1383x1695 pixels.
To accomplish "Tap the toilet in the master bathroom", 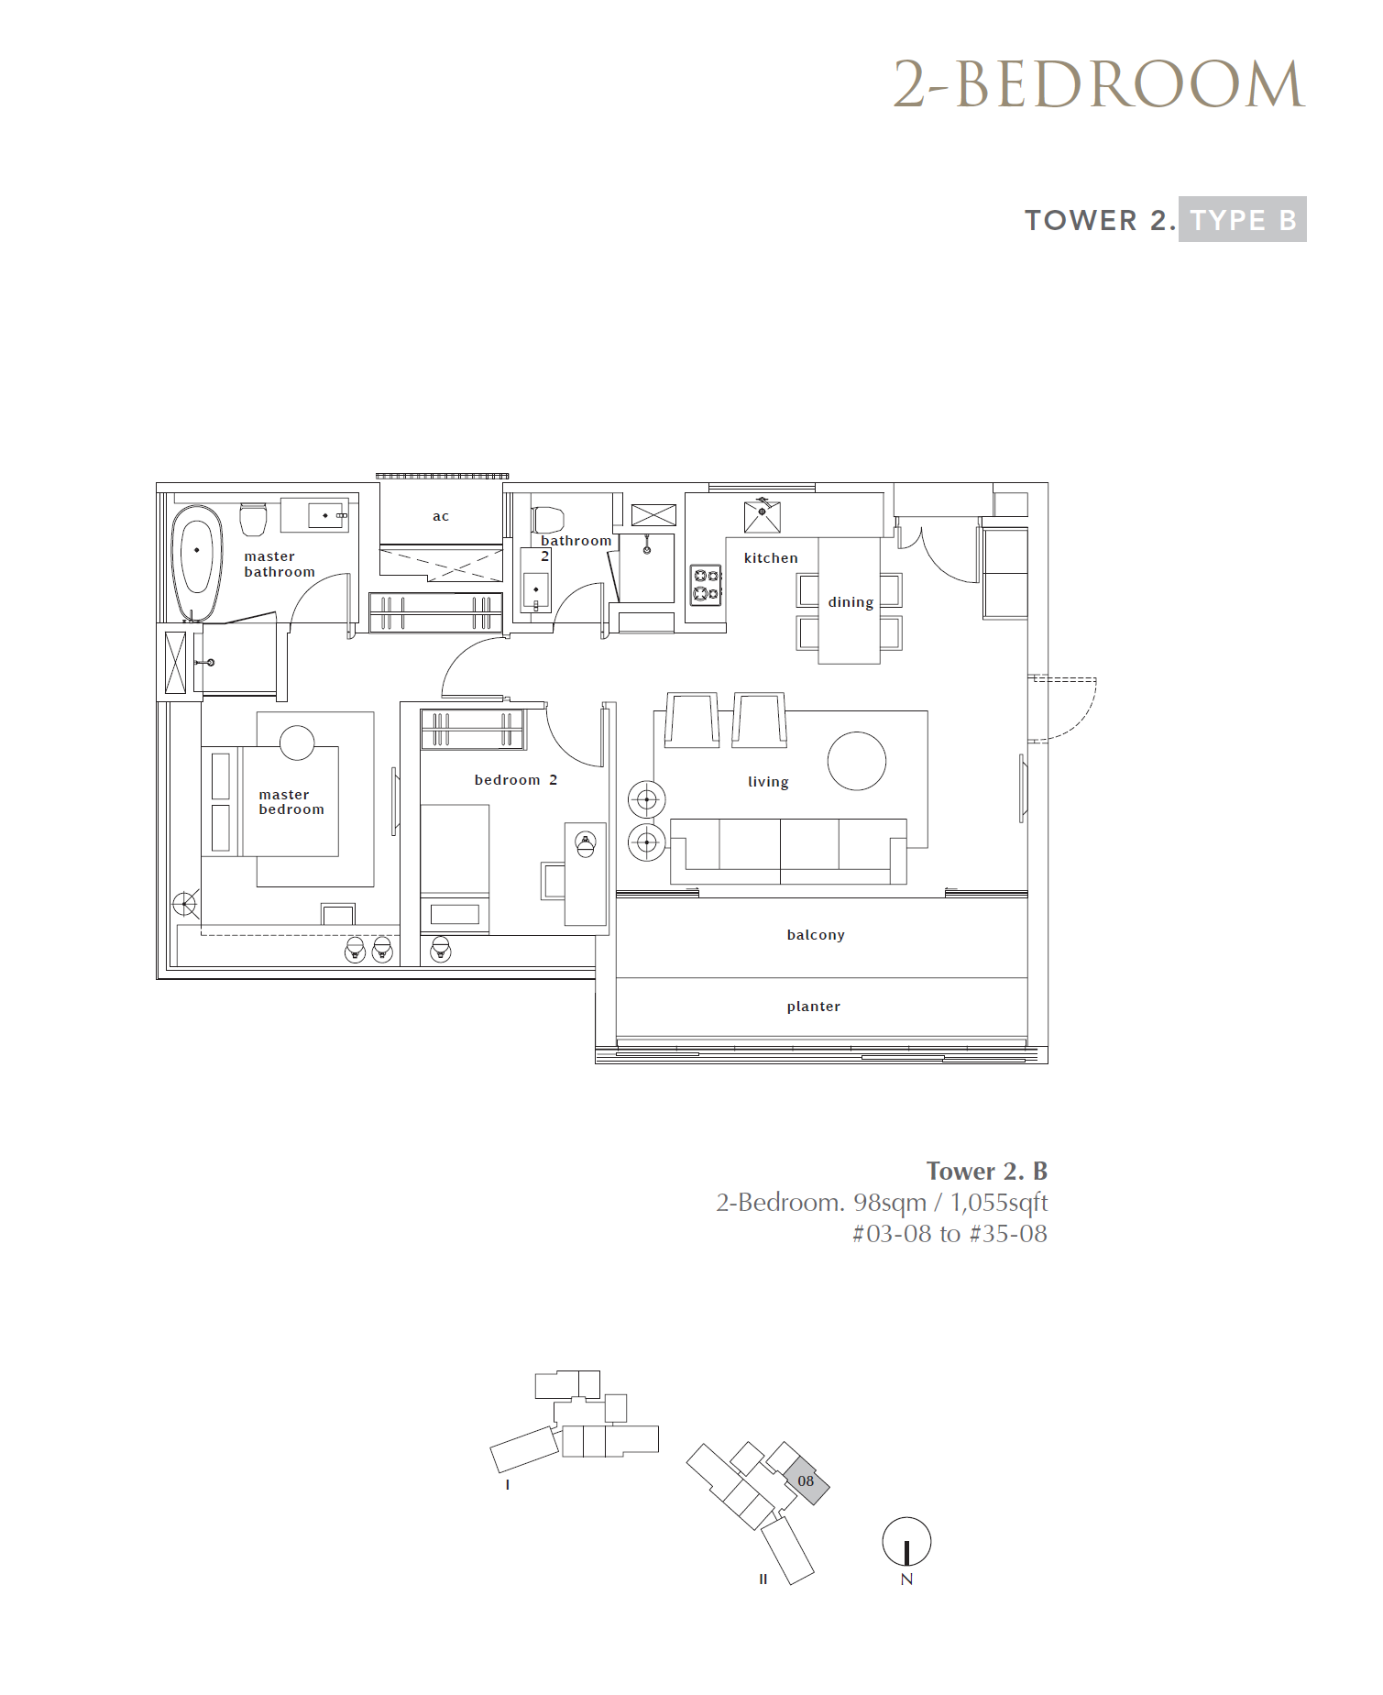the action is click(253, 519).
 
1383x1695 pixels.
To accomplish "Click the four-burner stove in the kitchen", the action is click(706, 585).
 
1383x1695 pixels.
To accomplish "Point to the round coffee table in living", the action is click(857, 761).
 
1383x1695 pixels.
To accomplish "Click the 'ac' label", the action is click(441, 517).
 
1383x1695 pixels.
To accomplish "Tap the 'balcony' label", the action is click(816, 935).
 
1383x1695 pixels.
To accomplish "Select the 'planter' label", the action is click(814, 1007).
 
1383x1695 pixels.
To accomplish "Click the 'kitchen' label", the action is click(771, 557).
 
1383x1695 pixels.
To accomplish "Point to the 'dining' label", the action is click(851, 602).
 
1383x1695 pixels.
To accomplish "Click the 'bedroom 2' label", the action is click(516, 780).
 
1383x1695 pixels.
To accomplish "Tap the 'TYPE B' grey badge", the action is click(1243, 220).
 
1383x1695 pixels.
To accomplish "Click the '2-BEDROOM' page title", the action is click(1099, 84).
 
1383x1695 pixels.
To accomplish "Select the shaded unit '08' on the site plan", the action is click(807, 1480).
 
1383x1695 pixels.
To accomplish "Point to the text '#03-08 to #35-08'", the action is click(949, 1234).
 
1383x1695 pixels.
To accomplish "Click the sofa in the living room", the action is click(788, 851).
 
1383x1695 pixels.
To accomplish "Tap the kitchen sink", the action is click(762, 516).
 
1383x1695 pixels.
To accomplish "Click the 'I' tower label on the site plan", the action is click(507, 1485).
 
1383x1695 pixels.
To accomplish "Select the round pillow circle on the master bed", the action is click(297, 743).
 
